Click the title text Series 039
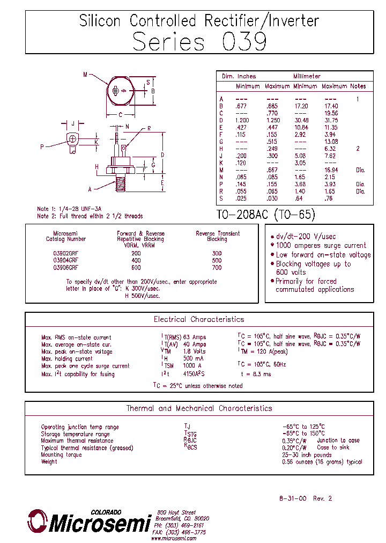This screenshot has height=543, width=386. coord(199,41)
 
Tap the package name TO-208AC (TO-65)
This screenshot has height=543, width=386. coord(266,215)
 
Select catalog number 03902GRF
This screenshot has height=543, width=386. coord(65,253)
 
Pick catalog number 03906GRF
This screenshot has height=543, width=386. coord(65,267)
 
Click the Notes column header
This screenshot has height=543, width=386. coord(358,86)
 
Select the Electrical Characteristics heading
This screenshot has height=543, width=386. coord(198,319)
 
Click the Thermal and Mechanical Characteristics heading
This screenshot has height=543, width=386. coord(199,408)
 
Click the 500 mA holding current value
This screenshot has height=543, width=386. coord(193,358)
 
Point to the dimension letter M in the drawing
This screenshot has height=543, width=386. coord(85,75)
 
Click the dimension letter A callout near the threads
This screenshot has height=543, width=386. coord(90,189)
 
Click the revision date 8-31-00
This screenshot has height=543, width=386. coord(293,498)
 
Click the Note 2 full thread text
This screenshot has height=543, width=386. coord(90,216)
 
